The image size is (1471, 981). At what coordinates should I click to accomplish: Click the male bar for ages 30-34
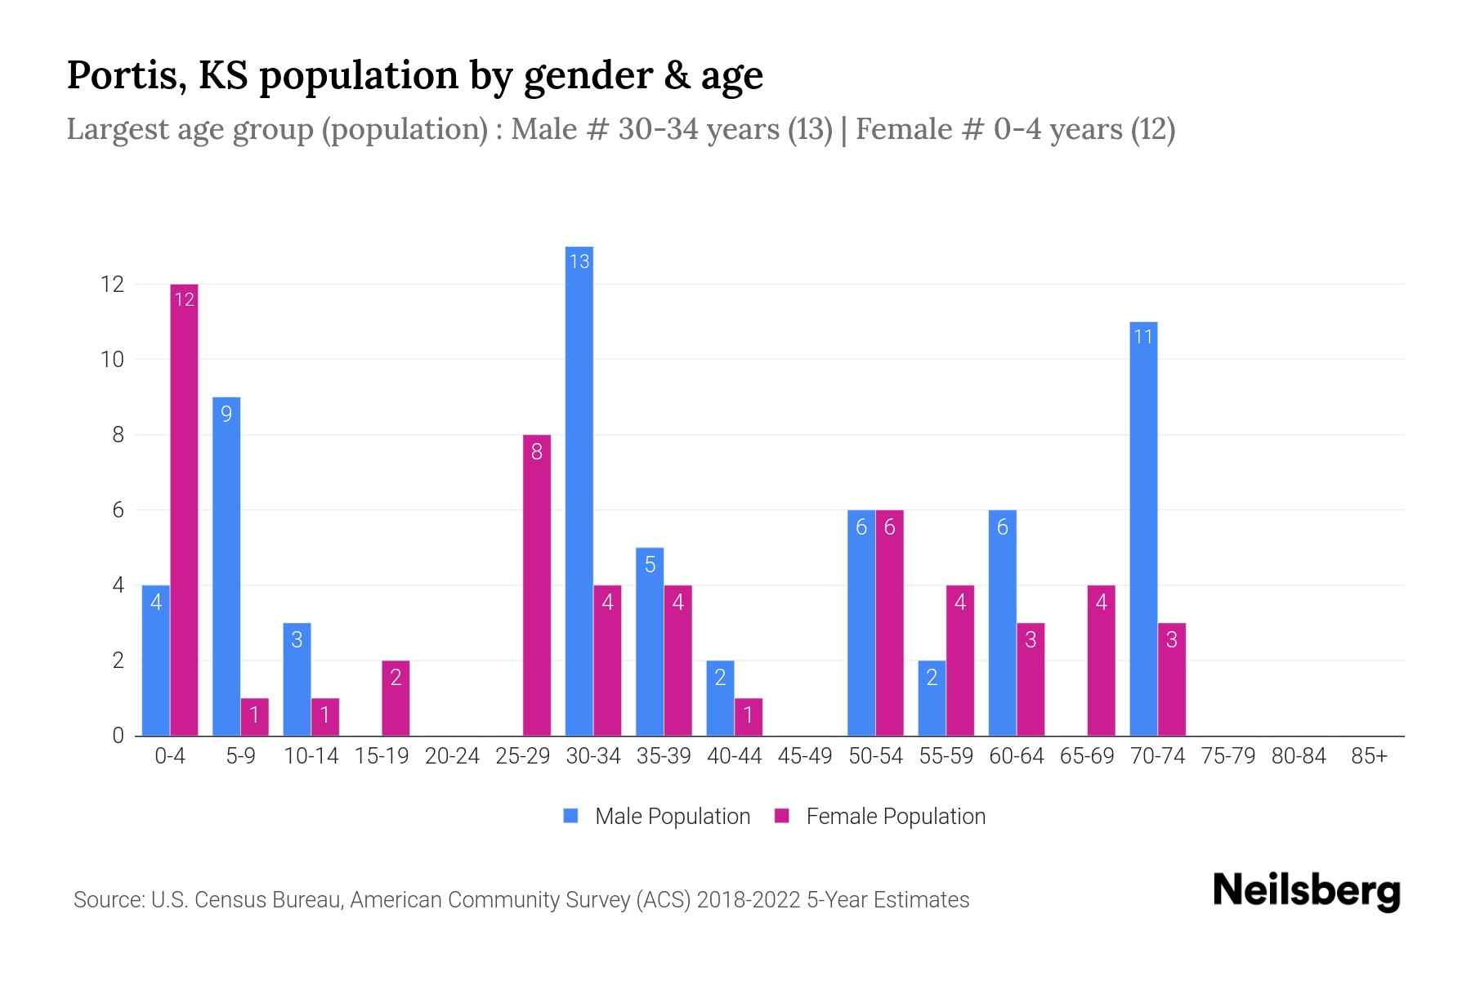coord(579,490)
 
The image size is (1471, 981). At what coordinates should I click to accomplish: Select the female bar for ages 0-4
coord(184,510)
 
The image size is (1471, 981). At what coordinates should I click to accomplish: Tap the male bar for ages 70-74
coord(1143,529)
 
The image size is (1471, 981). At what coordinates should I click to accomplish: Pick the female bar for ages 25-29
coord(537,585)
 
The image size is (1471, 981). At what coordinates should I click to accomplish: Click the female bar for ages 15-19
coord(396,698)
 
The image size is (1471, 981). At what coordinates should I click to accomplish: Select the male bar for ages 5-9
coord(226,567)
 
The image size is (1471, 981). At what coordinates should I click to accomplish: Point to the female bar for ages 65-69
coord(1101,661)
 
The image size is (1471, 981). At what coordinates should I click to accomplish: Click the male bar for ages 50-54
coord(861,623)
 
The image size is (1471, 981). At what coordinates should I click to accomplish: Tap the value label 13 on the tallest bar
coord(579,262)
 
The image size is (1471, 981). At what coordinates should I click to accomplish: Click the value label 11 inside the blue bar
coord(1143,337)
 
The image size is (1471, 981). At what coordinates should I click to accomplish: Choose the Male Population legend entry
coord(657,817)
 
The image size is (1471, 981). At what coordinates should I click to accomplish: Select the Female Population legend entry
coord(880,817)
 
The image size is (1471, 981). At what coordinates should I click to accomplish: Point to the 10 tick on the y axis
coord(112,360)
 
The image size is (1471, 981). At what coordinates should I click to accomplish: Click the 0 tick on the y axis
coord(118,736)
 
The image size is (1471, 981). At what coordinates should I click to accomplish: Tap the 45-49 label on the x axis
coord(805,756)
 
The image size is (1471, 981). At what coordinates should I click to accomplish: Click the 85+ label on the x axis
coord(1369,756)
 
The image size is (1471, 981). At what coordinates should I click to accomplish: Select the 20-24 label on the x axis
coord(452,756)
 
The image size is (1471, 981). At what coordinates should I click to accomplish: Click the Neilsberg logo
coord(1306,891)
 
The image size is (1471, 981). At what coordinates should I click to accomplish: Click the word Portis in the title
coord(119,75)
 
